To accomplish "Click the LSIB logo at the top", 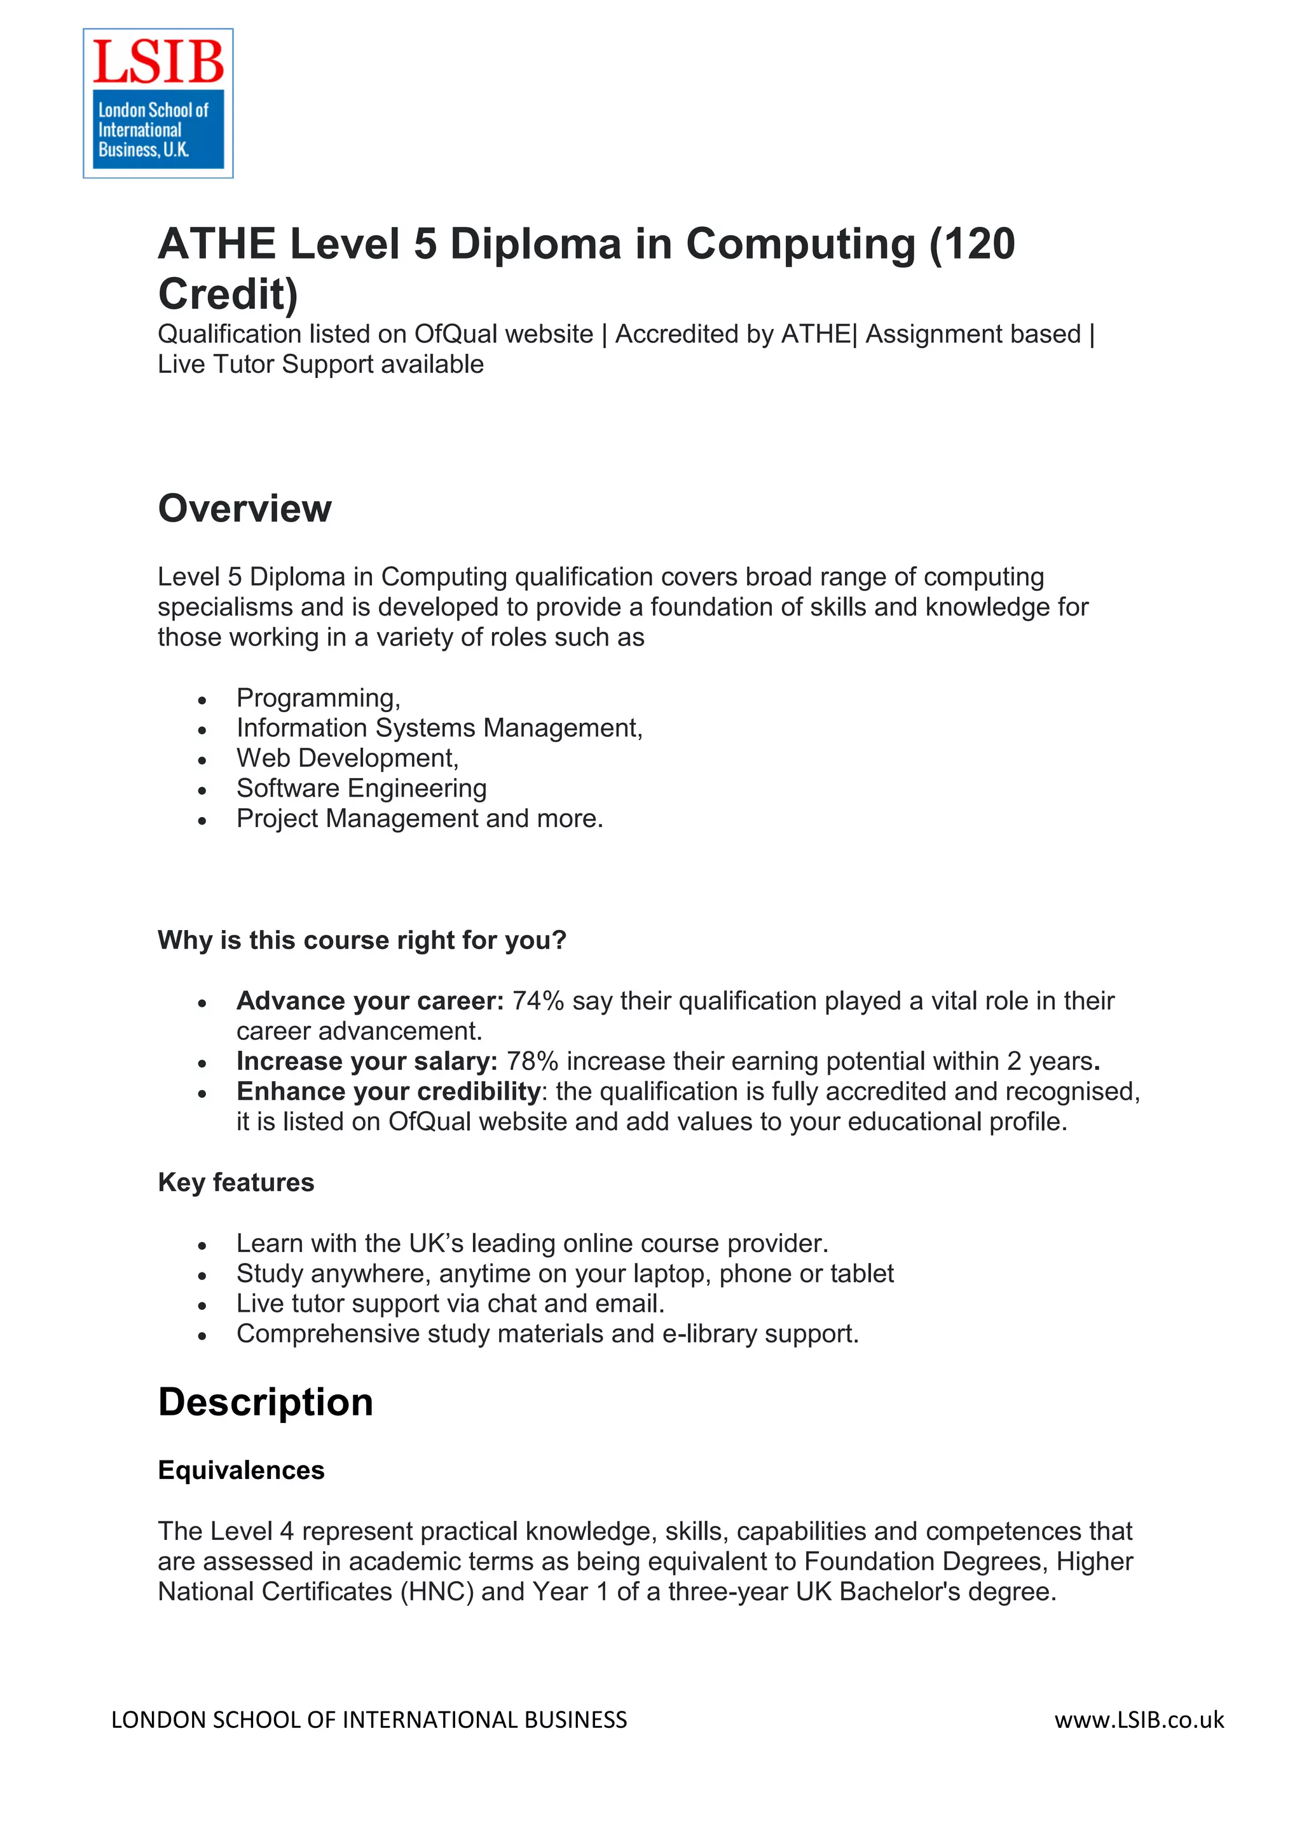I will [x=158, y=103].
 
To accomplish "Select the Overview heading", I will [x=245, y=508].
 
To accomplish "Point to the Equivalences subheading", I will [x=241, y=1470].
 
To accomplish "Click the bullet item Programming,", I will [x=318, y=698].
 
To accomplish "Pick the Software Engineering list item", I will [x=361, y=788].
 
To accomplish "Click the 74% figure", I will [x=537, y=1001].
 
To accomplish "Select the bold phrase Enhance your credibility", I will [x=388, y=1091].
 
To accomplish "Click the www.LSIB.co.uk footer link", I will [x=1139, y=1720].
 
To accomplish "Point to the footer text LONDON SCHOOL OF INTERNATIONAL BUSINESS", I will [x=369, y=1720].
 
